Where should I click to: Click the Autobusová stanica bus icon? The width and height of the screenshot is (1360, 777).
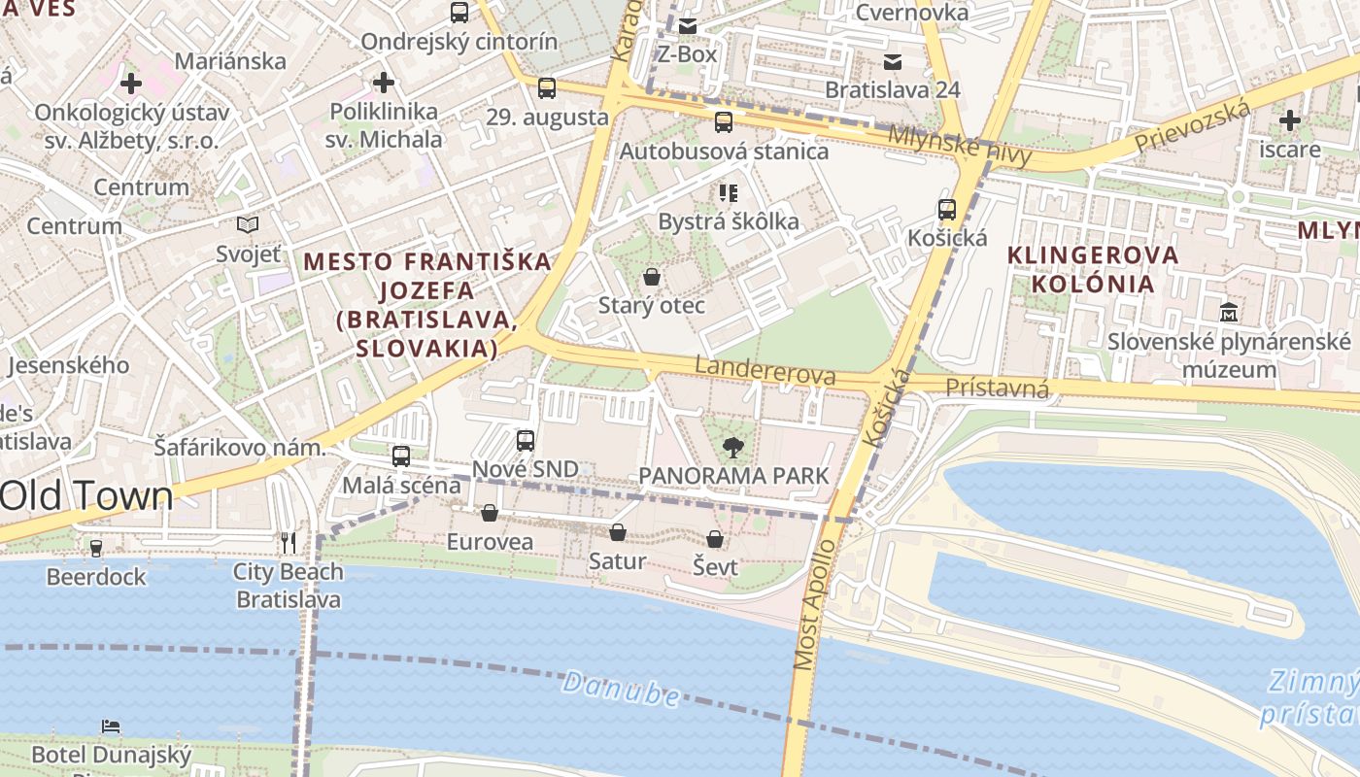point(724,122)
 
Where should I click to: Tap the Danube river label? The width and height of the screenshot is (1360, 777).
point(621,689)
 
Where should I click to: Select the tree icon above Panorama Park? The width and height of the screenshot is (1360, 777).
point(733,447)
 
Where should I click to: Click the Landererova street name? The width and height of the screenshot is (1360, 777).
point(765,371)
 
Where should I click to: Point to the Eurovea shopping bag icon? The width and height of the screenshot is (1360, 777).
point(490,513)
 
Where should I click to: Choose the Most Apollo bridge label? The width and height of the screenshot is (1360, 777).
point(813,603)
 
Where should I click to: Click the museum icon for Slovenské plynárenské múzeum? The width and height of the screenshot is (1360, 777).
point(1229,313)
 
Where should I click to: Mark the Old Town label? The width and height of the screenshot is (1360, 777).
point(86,496)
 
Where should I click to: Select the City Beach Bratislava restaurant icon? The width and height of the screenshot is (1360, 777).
point(288,542)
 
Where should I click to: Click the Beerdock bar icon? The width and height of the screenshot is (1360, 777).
point(96,548)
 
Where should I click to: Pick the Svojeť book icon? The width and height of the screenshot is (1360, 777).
point(248,224)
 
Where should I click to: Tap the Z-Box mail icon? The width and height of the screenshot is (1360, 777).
point(688,26)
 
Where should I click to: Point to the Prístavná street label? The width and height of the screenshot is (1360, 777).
point(997,388)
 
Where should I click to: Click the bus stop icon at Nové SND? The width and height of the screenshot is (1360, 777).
point(526,440)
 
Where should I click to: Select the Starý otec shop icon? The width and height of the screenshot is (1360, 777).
point(652,277)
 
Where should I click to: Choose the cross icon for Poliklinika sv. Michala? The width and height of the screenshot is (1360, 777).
point(384,83)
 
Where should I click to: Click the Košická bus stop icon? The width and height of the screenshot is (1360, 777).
point(947,209)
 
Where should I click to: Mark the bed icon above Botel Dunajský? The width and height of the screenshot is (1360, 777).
point(112,726)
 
